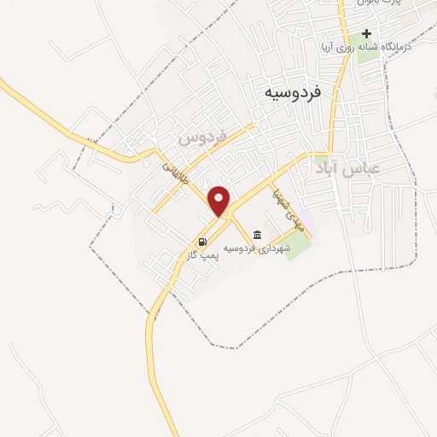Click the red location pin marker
(220, 201)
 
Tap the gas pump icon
(203, 241)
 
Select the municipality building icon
(257, 235)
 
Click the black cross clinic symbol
(367, 34)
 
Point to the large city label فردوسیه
(293, 90)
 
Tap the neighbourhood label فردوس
(202, 137)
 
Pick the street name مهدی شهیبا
(288, 206)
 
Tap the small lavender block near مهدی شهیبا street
(306, 221)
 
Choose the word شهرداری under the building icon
(278, 248)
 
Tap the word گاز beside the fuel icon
(194, 254)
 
